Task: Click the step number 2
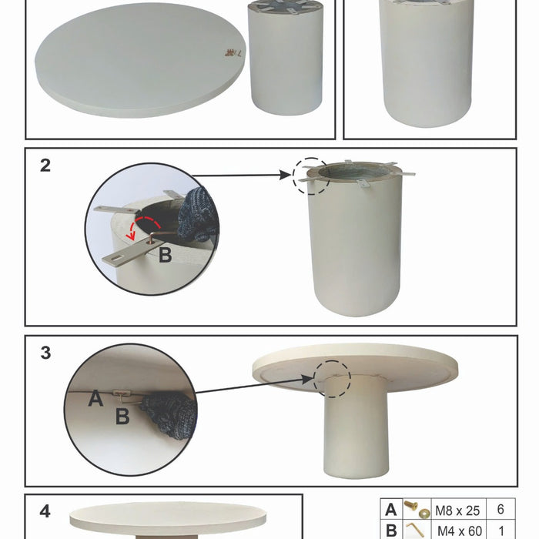click(45, 165)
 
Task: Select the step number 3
click(45, 353)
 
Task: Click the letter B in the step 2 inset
click(165, 255)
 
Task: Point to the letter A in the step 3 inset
click(95, 398)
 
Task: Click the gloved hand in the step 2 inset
click(198, 213)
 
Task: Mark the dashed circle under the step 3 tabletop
click(332, 379)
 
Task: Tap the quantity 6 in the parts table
click(500, 510)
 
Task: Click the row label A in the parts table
click(390, 510)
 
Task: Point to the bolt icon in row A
click(417, 509)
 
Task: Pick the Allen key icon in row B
click(417, 529)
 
